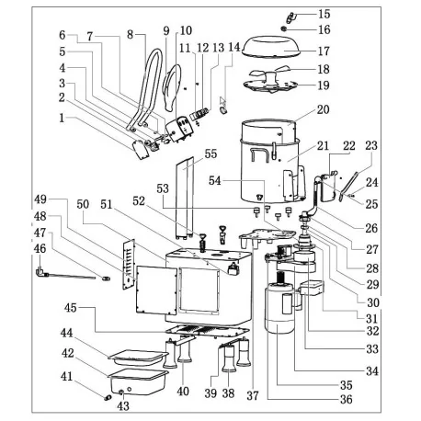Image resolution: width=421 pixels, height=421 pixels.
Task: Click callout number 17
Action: click(x=324, y=51)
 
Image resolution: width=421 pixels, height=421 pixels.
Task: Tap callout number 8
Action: click(x=131, y=34)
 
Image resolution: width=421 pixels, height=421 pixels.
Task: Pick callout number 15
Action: click(x=324, y=14)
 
